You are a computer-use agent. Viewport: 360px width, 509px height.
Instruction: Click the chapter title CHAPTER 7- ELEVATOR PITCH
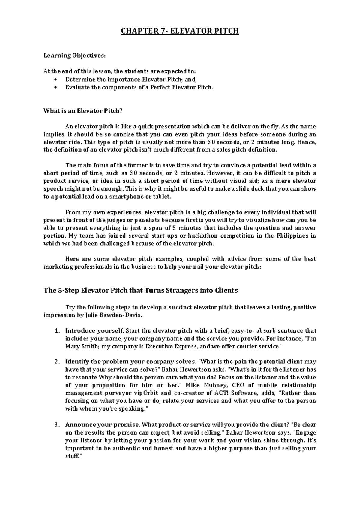[180, 31]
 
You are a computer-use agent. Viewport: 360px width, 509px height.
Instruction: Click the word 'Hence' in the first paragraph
[307, 142]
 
